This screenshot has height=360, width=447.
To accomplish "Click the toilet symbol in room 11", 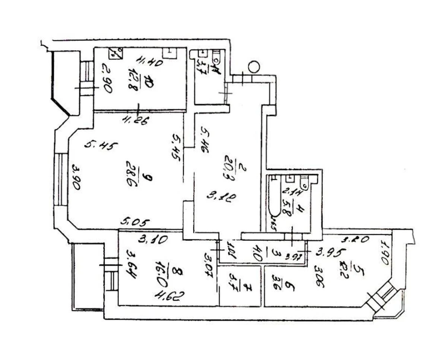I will pos(216,57).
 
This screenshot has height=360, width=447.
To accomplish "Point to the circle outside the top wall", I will pos(254,67).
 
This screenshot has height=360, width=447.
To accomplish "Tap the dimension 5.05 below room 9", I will pos(135,223).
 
